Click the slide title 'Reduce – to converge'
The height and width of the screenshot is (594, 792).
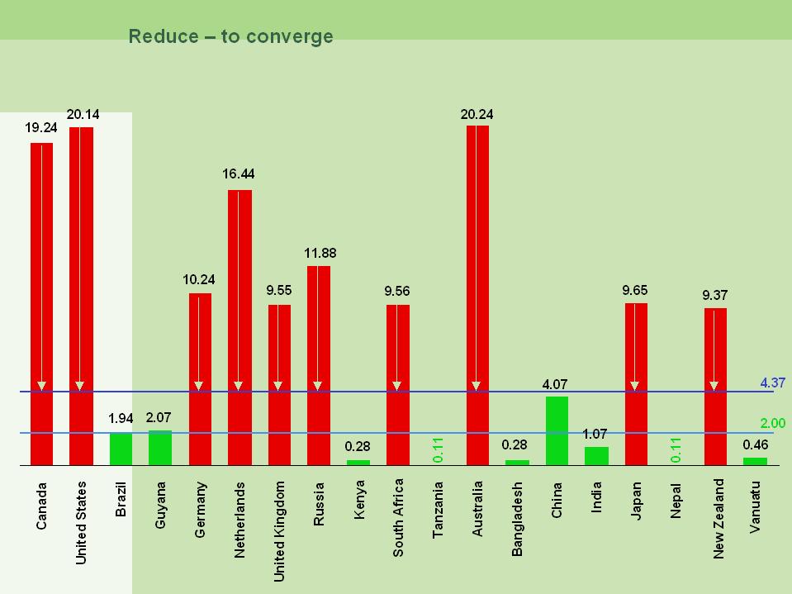[230, 36]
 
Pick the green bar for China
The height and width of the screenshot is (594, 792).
[557, 430]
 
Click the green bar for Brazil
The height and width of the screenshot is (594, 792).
[121, 449]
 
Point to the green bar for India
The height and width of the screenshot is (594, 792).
[596, 456]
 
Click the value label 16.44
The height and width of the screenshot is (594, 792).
[239, 173]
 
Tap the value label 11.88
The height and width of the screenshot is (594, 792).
[320, 253]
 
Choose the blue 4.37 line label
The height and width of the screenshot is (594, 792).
[773, 383]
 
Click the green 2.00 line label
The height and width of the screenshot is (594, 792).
[773, 423]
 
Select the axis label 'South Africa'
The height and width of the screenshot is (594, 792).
[398, 517]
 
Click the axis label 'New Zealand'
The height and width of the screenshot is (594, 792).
[718, 518]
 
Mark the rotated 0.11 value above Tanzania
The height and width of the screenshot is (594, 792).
[438, 449]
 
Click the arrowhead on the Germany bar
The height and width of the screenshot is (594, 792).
[199, 386]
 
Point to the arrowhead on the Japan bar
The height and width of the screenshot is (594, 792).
[634, 386]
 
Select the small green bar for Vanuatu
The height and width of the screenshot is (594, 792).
[755, 461]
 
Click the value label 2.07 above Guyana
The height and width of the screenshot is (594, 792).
[159, 418]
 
